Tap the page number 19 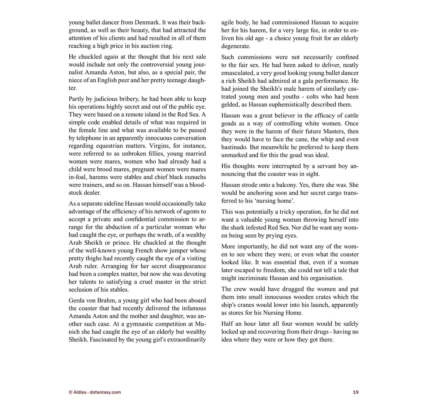click(355, 392)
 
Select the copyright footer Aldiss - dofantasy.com click(95, 392)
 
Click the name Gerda click(77, 301)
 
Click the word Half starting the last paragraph click(227, 324)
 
